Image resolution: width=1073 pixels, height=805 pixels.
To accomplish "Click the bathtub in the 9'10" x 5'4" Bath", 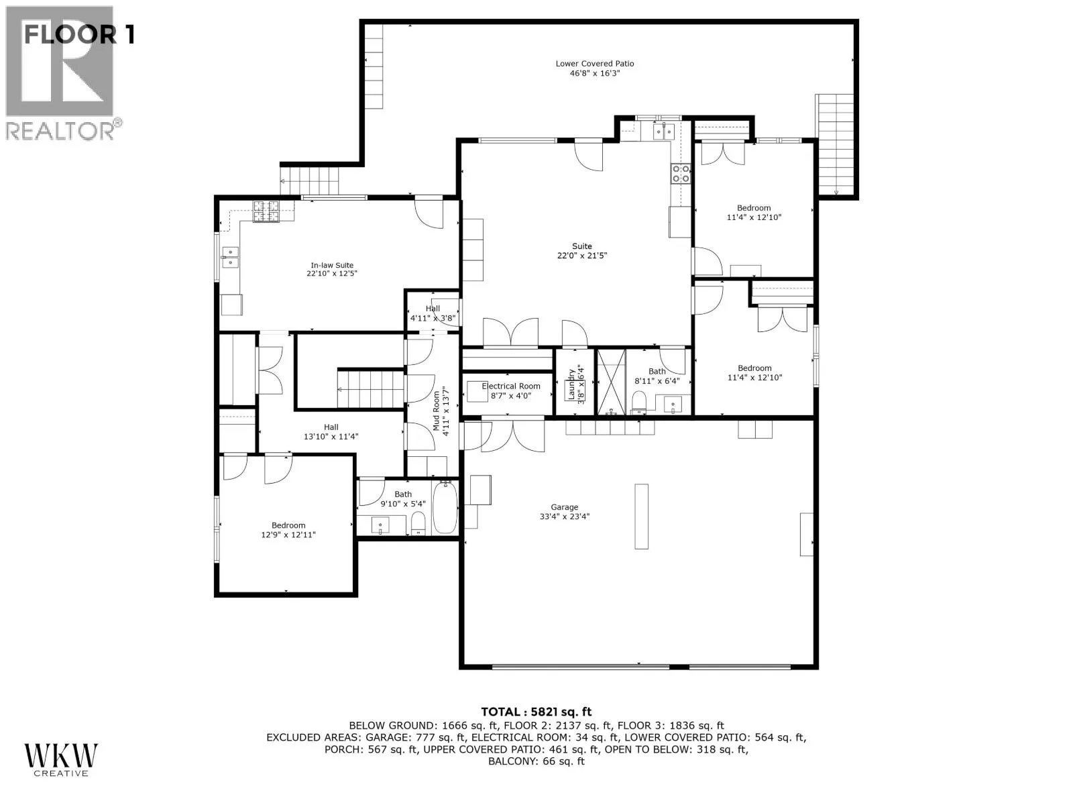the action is [x=445, y=508].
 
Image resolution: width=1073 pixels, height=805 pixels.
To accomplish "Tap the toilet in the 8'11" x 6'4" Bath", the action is [x=639, y=402].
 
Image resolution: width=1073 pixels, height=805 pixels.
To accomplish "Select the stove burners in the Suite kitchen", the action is [x=681, y=174].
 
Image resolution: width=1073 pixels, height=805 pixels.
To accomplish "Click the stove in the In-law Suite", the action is [x=266, y=211].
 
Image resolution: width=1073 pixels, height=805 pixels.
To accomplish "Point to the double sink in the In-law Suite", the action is [x=230, y=258].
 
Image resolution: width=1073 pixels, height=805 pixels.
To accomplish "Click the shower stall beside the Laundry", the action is [x=611, y=382].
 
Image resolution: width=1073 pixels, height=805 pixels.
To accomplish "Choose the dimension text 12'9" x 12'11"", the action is [x=288, y=535].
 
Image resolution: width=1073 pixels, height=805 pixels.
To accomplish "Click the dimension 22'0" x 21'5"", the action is [x=581, y=256].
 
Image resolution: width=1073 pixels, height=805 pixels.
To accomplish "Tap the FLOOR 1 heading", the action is [x=79, y=35].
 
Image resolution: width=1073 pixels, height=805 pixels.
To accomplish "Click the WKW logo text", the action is [x=61, y=755].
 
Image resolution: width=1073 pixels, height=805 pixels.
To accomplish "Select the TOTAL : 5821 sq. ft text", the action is [x=536, y=712].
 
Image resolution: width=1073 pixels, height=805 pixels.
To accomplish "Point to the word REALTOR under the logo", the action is [x=60, y=131].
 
